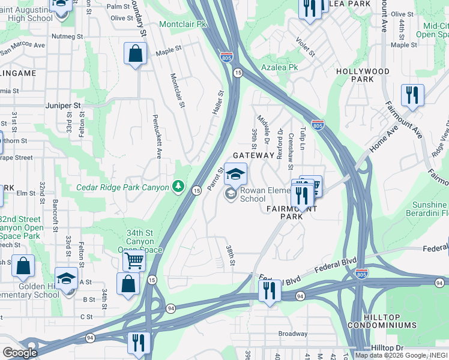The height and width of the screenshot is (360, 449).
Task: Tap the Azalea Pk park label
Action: (x=279, y=67)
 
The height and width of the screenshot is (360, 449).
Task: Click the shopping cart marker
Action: (x=134, y=260)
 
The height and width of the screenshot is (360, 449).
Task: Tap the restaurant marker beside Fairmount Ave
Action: (x=412, y=95)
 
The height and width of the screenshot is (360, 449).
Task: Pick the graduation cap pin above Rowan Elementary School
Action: (x=235, y=174)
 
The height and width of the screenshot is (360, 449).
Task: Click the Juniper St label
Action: (x=62, y=105)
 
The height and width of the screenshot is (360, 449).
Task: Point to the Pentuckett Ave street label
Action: (x=157, y=136)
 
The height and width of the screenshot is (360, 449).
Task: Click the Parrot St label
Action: (x=215, y=179)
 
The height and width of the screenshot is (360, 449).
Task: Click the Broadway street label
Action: (x=292, y=334)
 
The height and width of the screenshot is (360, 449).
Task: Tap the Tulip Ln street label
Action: (x=303, y=138)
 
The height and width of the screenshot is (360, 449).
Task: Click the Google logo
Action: (x=20, y=353)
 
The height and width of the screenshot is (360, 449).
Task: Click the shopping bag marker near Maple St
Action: (x=136, y=54)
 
